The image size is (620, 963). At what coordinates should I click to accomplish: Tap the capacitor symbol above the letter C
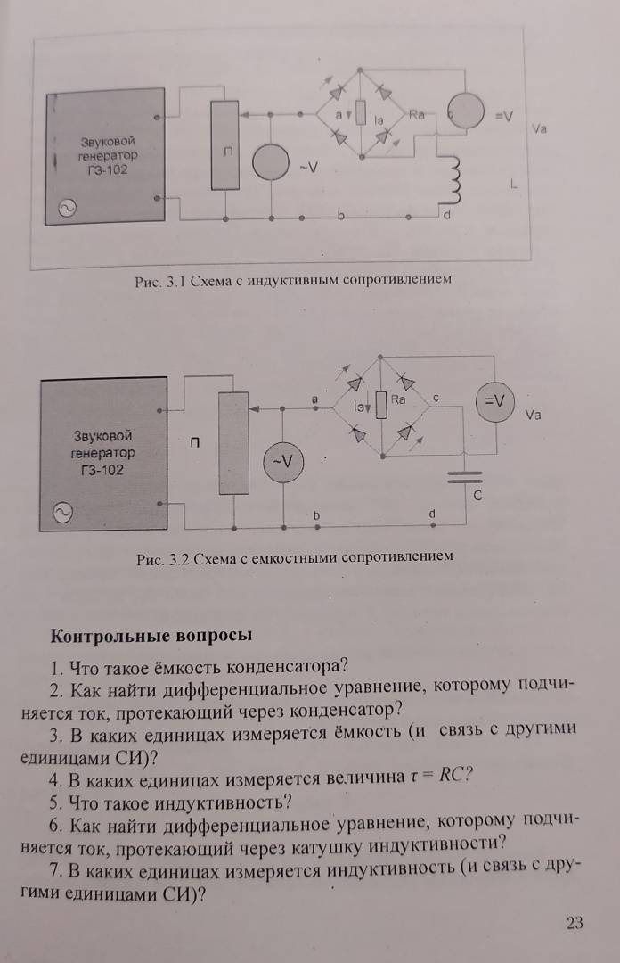point(465,477)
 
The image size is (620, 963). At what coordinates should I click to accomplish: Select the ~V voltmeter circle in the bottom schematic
point(283,463)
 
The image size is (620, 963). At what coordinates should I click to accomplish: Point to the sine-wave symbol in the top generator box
point(67,209)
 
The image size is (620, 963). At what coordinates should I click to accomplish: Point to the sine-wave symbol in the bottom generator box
point(62,513)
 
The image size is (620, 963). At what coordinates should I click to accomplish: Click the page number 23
point(575,923)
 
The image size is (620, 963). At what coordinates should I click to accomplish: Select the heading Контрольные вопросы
point(151,635)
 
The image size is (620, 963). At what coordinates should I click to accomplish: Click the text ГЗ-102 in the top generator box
point(108,170)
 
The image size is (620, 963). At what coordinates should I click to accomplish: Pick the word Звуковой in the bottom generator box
point(103,436)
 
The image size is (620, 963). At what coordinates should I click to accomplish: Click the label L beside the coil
point(513,184)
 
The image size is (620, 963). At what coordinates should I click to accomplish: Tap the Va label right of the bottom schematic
point(533,415)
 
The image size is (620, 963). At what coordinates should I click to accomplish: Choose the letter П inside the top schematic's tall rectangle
point(227,152)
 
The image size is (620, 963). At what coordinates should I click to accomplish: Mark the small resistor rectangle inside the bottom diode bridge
point(381,406)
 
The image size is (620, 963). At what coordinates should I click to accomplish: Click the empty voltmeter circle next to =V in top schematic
point(465,111)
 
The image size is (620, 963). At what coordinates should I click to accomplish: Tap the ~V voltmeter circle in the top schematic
point(271,162)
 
